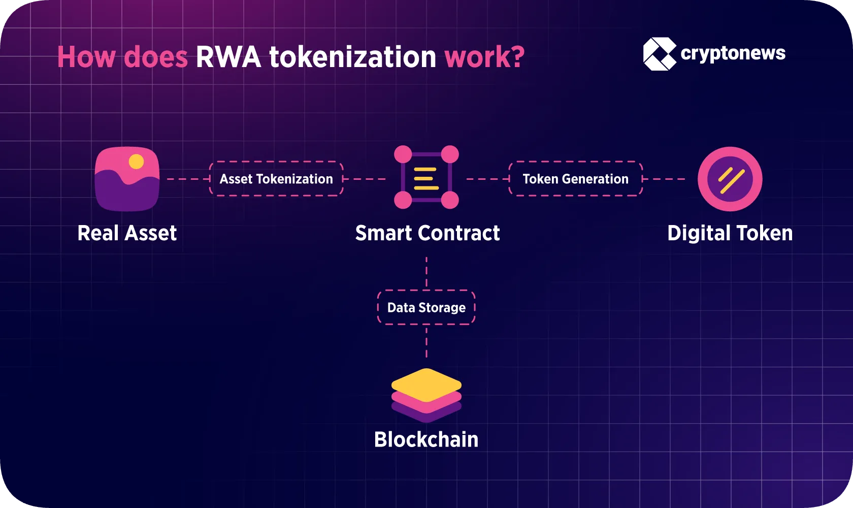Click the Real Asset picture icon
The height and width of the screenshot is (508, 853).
tap(127, 179)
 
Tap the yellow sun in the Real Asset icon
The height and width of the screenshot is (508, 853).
tap(136, 162)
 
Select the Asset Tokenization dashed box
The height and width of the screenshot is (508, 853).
tap(276, 179)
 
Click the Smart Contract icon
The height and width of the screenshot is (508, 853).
tap(426, 178)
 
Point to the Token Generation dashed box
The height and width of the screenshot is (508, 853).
tap(575, 179)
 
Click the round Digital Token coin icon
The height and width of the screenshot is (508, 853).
tap(730, 179)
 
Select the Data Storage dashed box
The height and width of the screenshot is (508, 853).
tap(426, 307)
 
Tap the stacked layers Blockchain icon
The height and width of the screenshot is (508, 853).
tap(426, 395)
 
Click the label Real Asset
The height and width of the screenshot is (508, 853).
tap(127, 233)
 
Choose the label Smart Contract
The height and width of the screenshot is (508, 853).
tap(427, 233)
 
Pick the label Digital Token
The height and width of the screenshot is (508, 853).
tap(730, 233)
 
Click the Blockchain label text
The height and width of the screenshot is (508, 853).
tap(426, 439)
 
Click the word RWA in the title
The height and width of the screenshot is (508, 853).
tap(228, 57)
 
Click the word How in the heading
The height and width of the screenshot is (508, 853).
tap(86, 57)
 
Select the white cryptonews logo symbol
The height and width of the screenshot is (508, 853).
tap(659, 53)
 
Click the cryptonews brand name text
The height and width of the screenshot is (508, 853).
tap(733, 53)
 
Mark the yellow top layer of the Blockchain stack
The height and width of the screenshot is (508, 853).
tap(426, 384)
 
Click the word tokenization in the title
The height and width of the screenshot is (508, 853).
tap(352, 57)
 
